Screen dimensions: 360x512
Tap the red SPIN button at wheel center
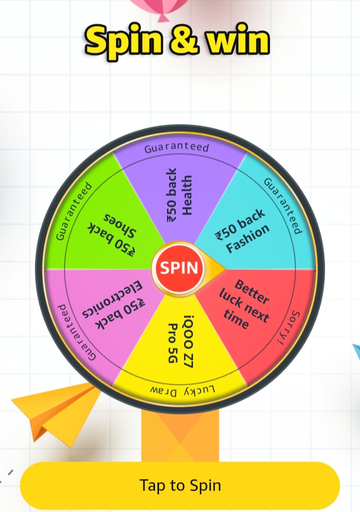pos(178,268)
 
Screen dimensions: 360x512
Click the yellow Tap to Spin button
pos(180,485)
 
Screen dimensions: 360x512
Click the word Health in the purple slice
pos(187,195)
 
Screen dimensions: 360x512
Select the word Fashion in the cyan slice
pos(248,238)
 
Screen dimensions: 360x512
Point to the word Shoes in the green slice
pos(120,225)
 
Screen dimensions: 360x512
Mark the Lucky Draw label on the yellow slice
pos(183,390)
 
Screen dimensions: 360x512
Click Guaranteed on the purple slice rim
pos(176,148)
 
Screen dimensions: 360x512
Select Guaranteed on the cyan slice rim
pos(283,206)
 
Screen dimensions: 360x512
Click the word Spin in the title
pos(123,41)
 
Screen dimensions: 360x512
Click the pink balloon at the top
pos(160,7)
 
